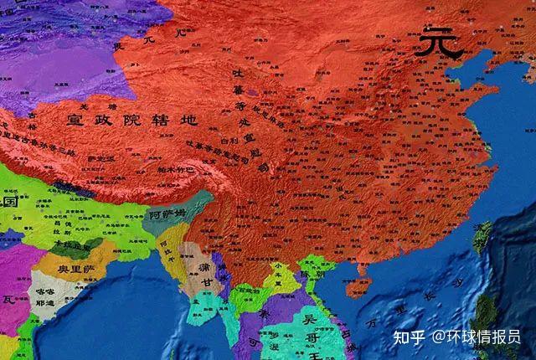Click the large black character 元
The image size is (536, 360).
(441, 41)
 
